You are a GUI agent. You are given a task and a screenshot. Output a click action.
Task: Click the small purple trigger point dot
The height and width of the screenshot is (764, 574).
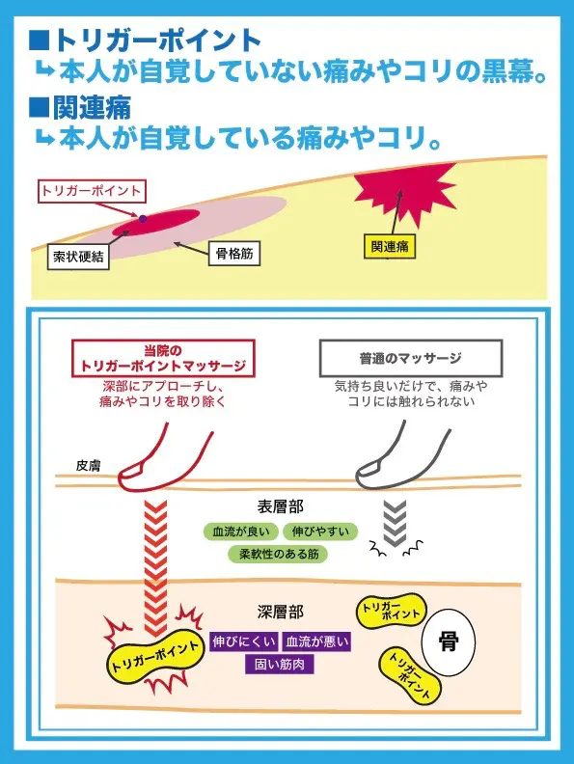tap(142, 219)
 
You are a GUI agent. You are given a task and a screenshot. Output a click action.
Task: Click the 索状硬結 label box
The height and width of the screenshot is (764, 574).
tap(78, 257)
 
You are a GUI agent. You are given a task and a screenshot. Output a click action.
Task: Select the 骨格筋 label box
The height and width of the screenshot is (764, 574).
tap(234, 254)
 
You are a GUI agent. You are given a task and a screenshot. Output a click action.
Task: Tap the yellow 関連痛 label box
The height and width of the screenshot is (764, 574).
tap(390, 247)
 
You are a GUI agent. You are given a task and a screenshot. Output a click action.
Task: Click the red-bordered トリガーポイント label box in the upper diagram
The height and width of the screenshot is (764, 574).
tap(92, 190)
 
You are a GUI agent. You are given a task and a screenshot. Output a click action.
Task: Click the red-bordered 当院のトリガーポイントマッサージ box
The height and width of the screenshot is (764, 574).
tap(163, 358)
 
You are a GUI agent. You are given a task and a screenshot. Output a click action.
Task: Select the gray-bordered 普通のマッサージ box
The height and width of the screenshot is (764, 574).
tap(410, 359)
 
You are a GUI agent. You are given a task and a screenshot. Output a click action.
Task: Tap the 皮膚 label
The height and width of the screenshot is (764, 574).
tap(88, 466)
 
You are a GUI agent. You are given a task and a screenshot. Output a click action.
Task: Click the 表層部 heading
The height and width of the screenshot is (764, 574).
tap(280, 506)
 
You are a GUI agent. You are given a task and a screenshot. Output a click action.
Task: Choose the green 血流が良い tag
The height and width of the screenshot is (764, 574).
tap(241, 532)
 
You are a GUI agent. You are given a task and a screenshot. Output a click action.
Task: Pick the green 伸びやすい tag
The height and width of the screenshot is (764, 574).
tap(320, 532)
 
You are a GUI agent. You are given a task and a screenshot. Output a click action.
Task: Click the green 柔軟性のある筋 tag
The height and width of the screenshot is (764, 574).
tap(278, 554)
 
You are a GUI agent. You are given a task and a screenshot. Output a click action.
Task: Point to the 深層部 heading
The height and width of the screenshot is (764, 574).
tap(280, 612)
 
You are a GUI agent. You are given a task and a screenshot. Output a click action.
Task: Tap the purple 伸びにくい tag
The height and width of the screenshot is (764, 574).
tap(244, 641)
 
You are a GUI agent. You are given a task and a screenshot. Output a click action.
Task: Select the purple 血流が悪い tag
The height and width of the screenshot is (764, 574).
tap(316, 641)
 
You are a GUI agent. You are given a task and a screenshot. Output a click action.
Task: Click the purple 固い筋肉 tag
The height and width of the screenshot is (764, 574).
tap(279, 664)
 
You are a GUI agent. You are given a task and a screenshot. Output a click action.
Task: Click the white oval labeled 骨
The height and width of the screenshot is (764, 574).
tap(449, 641)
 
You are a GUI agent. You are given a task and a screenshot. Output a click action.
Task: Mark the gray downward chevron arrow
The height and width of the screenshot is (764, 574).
tap(395, 524)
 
